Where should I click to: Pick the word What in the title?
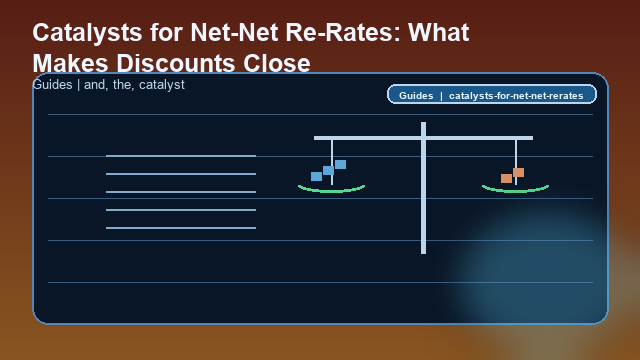(437, 33)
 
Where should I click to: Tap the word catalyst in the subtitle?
(157, 85)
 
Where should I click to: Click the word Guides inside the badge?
(415, 96)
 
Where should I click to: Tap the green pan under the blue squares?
(331, 188)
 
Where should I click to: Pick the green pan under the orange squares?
(515, 188)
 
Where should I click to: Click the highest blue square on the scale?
(340, 164)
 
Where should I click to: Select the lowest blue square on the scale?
(316, 177)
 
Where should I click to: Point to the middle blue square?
(328, 170)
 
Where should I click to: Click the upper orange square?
(518, 172)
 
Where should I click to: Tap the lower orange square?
(506, 178)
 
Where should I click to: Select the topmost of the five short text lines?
(181, 156)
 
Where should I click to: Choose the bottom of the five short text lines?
(181, 228)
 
